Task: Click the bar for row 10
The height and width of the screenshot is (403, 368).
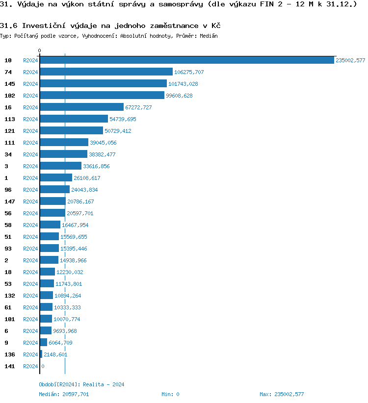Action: pos(186,60)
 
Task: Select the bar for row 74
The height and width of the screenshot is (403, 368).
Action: pos(106,72)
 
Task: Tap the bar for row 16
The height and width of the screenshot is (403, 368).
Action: pos(81,107)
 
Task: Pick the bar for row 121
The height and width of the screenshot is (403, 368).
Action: pos(71,131)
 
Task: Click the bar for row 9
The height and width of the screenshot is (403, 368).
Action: pos(44,343)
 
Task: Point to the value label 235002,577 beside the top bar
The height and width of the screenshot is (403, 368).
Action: pos(350,60)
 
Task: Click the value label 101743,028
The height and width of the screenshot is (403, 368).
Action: pos(183,84)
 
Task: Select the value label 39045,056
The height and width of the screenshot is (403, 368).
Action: pos(104,143)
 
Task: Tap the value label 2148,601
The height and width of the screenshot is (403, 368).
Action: pos(55,354)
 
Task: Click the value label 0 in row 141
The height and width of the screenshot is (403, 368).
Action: pos(43,366)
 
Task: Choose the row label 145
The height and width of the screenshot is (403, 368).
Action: pos(10,84)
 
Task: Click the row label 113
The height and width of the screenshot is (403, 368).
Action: pos(10,119)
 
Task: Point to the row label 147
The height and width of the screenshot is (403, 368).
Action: pos(10,201)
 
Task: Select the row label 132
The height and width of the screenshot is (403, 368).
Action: pos(10,296)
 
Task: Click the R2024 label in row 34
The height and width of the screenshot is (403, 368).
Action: pos(30,154)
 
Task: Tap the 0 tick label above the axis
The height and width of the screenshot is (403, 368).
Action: pos(40,50)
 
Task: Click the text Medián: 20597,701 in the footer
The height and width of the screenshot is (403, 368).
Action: pos(64,394)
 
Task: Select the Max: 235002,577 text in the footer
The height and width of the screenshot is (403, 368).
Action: pos(282,394)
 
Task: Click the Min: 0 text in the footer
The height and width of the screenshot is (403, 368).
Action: pos(170,394)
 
